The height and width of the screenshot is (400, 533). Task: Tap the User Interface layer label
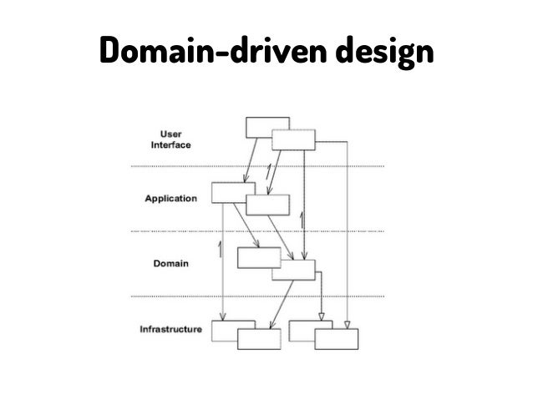tap(171, 138)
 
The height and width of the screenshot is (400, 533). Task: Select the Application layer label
tap(170, 200)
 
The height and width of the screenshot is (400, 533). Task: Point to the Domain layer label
tap(171, 263)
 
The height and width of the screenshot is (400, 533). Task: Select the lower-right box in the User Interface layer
tap(294, 140)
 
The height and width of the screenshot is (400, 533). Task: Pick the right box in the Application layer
tap(270, 205)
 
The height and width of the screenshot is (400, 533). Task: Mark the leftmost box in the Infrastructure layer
tap(223, 331)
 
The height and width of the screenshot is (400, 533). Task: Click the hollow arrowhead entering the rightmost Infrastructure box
tap(348, 323)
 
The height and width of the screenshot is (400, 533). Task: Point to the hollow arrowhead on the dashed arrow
tap(322, 316)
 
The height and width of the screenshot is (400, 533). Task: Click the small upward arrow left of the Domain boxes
tap(220, 248)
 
